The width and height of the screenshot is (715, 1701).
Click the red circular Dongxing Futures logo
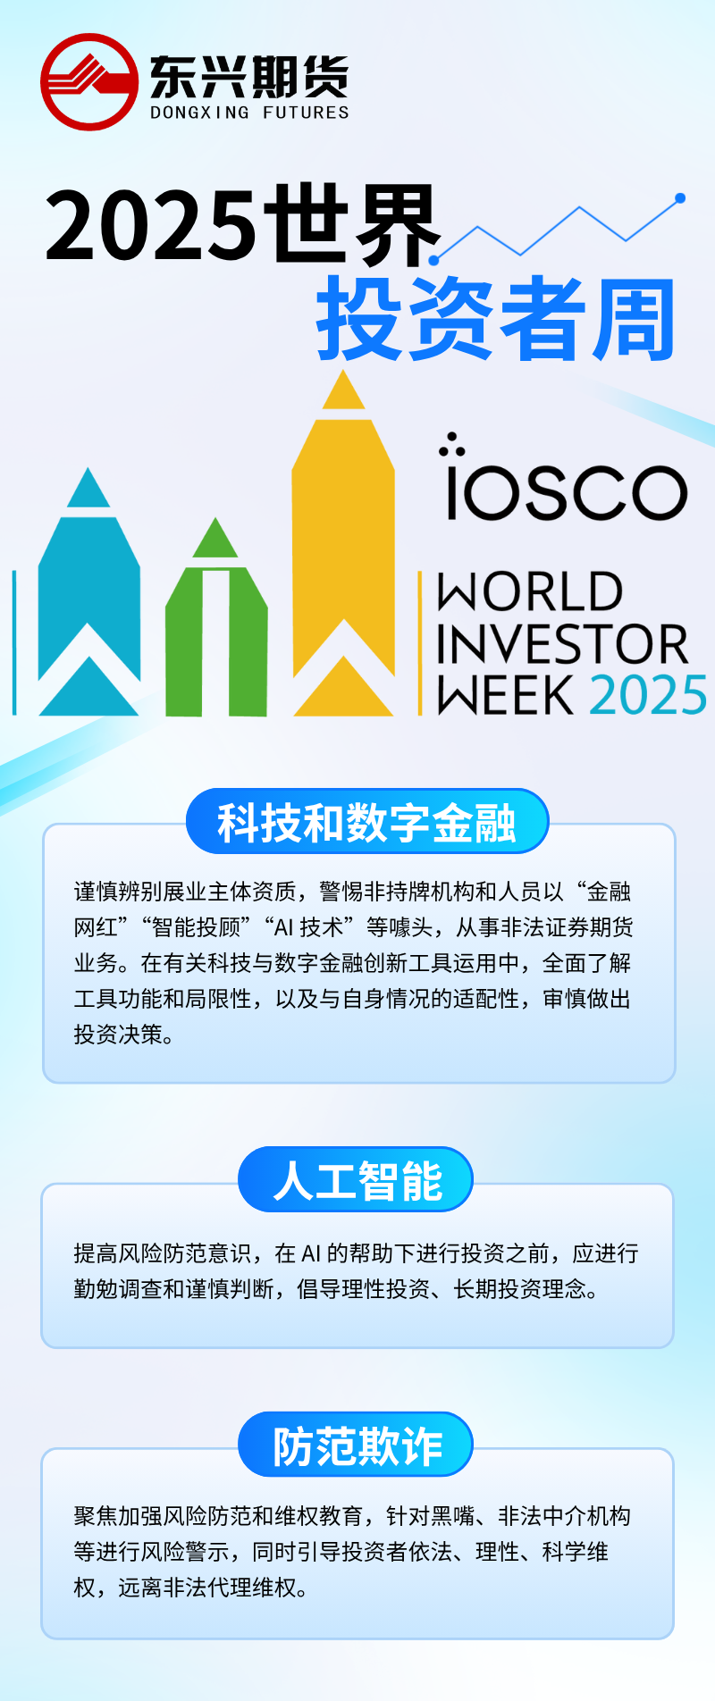tap(89, 82)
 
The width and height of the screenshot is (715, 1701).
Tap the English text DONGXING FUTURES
tap(249, 113)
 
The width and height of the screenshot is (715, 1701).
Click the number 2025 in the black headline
tap(151, 227)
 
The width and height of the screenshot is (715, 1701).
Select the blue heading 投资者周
tap(496, 319)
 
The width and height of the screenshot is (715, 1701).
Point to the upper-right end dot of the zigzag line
tap(680, 198)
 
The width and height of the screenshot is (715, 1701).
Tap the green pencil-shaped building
tap(216, 617)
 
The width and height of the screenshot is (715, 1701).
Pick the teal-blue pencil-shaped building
tap(88, 591)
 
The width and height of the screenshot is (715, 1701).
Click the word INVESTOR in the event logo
tap(563, 644)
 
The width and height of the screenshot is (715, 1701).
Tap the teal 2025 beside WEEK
tap(648, 696)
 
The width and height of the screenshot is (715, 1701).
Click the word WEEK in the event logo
tap(505, 696)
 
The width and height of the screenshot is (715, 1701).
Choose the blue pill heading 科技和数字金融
tap(366, 822)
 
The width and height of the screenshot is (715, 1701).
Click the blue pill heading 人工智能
tap(356, 1180)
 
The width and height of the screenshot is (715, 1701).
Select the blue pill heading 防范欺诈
tap(356, 1445)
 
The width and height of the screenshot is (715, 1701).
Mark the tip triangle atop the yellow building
tap(343, 390)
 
